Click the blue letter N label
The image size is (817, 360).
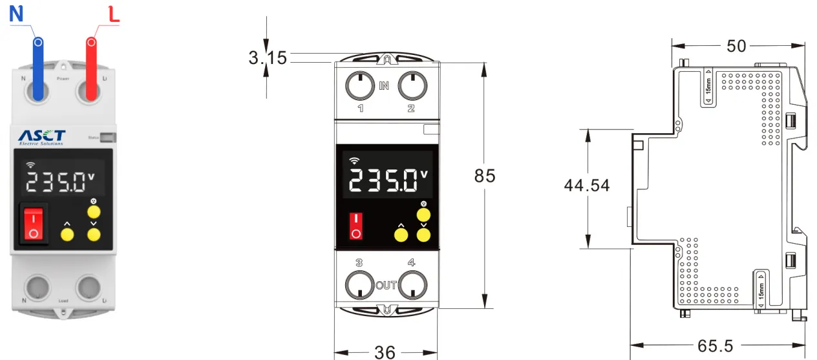tap(16, 15)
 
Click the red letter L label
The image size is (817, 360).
tap(114, 15)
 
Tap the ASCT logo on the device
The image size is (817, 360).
tap(42, 136)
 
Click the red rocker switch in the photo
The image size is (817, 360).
tap(33, 224)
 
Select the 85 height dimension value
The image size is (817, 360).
tap(485, 176)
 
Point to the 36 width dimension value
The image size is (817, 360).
tap(385, 352)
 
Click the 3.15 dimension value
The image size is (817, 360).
tap(268, 58)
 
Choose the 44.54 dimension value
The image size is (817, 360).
tap(587, 185)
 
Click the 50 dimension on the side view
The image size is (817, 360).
tap(736, 46)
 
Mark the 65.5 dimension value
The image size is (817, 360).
tap(716, 346)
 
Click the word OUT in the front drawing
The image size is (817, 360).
tap(386, 285)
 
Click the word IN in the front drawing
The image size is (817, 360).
tap(384, 85)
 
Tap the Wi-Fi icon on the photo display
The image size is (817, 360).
tap(30, 165)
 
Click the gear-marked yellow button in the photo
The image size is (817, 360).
tap(94, 212)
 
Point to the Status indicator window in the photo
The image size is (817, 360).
tap(109, 137)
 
